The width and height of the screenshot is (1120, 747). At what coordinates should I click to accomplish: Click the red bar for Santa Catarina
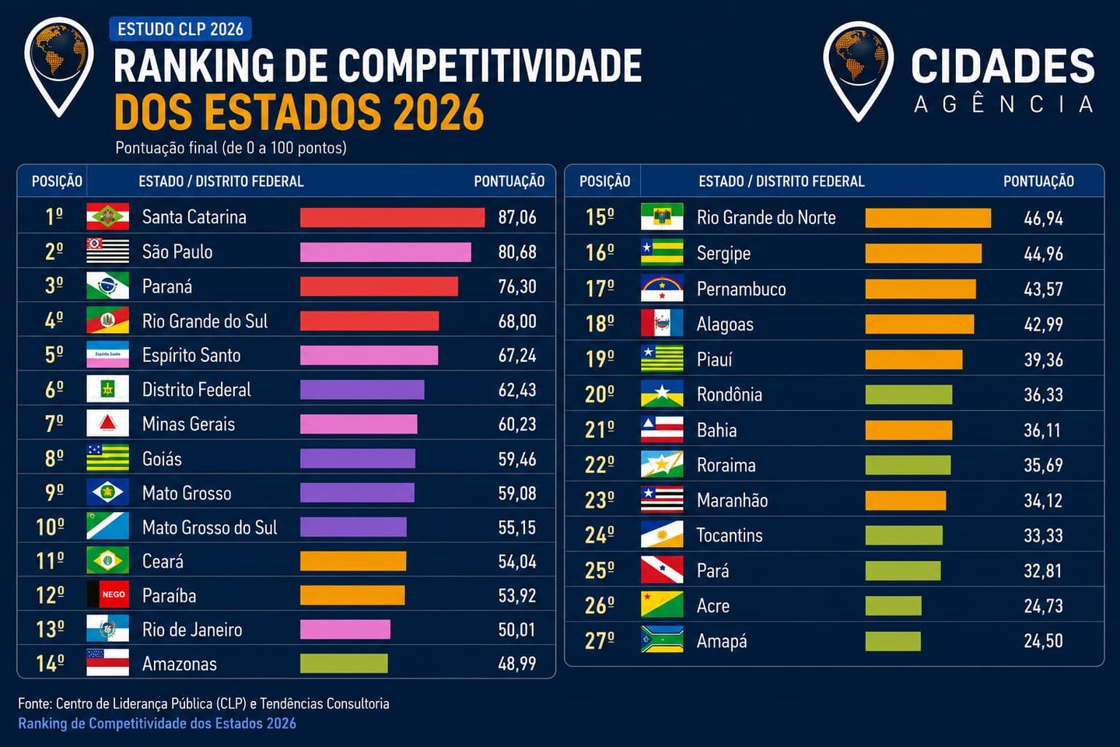393,218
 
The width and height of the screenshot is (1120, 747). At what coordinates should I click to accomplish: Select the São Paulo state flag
107,251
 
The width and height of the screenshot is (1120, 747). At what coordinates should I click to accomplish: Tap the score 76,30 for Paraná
517,286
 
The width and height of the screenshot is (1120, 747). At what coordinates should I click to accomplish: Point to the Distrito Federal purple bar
362,390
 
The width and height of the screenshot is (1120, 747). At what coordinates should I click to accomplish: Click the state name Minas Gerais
188,424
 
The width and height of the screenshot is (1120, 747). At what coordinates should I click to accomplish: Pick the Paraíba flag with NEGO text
107,594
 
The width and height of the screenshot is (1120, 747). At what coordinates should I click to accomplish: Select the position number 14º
50,664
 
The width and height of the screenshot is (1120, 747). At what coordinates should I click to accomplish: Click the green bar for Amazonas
344,664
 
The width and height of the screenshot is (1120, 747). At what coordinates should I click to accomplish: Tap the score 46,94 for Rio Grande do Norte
1043,219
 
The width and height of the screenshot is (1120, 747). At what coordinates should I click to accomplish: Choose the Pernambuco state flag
662,289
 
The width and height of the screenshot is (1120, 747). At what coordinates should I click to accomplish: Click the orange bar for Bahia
908,430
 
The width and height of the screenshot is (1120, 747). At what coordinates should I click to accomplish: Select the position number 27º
600,641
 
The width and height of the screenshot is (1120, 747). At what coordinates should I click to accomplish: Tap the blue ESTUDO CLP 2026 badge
180,29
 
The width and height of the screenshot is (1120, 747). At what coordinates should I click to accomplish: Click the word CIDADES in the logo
1003,65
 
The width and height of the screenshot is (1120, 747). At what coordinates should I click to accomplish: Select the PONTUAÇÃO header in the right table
1038,181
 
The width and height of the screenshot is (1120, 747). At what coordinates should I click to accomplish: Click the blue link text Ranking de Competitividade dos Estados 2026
157,724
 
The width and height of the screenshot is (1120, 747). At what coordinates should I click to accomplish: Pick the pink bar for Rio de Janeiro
345,630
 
